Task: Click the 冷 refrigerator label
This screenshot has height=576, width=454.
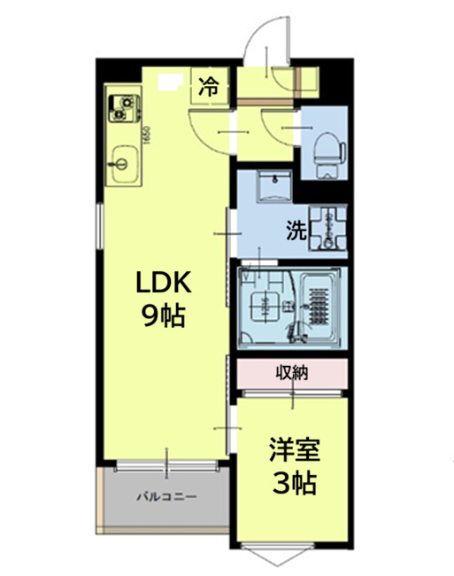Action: click(x=209, y=87)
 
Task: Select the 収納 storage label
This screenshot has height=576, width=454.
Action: click(x=289, y=373)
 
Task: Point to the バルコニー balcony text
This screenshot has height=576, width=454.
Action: click(x=165, y=496)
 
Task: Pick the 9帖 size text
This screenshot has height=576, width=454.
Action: click(x=163, y=316)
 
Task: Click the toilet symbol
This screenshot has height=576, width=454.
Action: click(x=327, y=146)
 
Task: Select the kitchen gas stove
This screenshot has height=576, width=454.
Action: click(x=123, y=105)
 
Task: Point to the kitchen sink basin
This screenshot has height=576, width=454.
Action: click(x=121, y=164)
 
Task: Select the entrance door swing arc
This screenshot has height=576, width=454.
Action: click(x=258, y=46)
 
